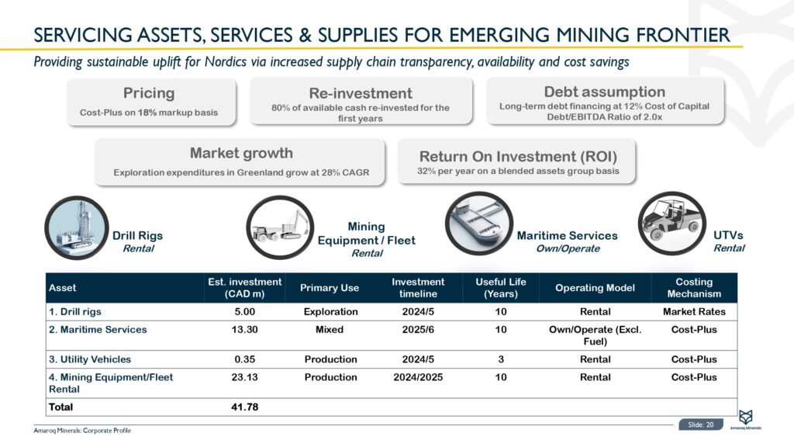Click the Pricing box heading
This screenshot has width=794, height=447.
tap(149, 93)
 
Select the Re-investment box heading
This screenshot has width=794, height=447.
tap(361, 93)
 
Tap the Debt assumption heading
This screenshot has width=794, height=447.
tap(605, 92)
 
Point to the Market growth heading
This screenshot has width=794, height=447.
tap(241, 153)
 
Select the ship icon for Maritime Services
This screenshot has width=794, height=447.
tap(476, 226)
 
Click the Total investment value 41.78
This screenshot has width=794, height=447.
tap(244, 407)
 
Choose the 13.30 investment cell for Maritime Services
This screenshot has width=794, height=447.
tap(244, 330)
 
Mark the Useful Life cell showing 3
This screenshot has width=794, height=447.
tap(501, 359)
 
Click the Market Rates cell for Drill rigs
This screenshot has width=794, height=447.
tap(694, 311)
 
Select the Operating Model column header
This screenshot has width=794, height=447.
tap(595, 288)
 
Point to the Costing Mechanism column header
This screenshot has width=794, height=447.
tap(694, 288)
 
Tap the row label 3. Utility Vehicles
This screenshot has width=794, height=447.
tap(90, 359)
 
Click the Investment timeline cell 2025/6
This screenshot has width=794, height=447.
tap(418, 330)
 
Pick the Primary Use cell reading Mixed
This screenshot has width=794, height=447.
tap(330, 330)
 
